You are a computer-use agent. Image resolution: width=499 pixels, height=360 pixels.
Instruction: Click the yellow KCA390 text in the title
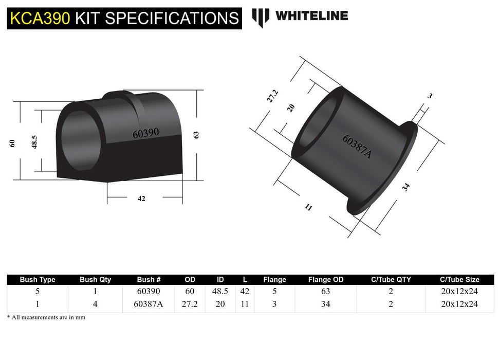(x=41, y=19)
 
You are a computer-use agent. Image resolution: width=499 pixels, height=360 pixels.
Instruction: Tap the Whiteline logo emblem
(x=261, y=17)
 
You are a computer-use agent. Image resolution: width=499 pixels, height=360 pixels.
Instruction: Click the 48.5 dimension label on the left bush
(x=34, y=142)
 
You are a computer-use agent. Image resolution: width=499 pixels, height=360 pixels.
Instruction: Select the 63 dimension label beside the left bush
(x=196, y=135)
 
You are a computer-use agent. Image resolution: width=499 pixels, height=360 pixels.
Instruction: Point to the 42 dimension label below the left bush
(x=141, y=199)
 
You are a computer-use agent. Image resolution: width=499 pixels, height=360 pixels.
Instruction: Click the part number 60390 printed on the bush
(x=145, y=133)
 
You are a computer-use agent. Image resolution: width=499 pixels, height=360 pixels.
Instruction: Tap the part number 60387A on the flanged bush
(x=356, y=147)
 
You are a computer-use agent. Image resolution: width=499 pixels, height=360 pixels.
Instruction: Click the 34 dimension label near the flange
(x=406, y=187)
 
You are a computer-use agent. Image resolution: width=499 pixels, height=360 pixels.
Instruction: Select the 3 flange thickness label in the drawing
(x=430, y=96)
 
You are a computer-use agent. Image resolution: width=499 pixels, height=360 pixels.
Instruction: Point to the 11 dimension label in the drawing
(x=308, y=207)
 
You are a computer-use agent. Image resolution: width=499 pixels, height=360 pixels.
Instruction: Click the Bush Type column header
(x=38, y=280)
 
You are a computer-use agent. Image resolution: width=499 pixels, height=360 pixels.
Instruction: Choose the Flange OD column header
(x=326, y=280)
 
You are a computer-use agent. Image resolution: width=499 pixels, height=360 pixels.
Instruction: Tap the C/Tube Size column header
(x=459, y=280)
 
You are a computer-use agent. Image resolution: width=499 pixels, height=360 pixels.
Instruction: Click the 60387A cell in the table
(x=148, y=304)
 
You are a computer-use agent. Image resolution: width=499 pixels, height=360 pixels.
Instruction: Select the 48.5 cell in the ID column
(x=220, y=291)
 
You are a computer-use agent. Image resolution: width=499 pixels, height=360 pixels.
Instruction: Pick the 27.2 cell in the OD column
(x=190, y=304)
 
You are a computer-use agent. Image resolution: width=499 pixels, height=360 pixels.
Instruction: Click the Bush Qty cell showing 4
(x=95, y=304)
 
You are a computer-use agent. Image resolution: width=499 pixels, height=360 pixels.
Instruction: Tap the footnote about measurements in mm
(x=46, y=317)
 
